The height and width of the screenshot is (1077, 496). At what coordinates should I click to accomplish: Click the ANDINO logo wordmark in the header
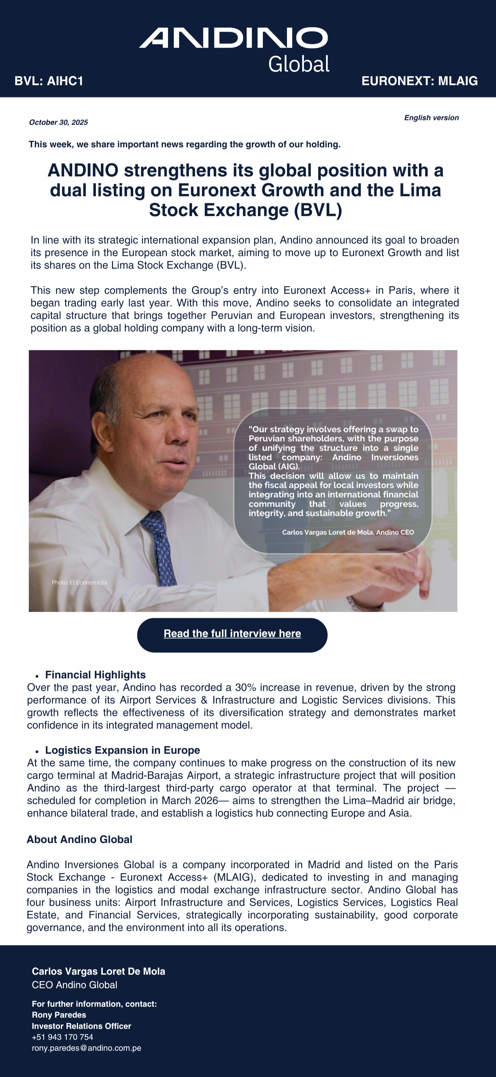point(233,38)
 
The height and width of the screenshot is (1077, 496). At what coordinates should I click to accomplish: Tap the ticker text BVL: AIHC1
point(49,81)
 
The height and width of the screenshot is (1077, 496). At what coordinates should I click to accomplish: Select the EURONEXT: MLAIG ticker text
point(420,81)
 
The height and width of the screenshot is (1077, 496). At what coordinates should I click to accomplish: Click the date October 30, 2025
point(59,122)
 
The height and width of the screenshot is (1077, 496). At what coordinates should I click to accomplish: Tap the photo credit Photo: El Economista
point(79,582)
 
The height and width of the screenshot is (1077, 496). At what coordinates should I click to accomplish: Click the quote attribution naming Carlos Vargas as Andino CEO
point(348,532)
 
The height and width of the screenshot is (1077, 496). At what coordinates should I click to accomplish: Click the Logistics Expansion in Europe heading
point(123,750)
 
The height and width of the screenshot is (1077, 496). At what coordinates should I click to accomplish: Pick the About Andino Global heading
point(79,840)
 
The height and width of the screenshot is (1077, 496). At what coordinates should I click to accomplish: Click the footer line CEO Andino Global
point(74,985)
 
